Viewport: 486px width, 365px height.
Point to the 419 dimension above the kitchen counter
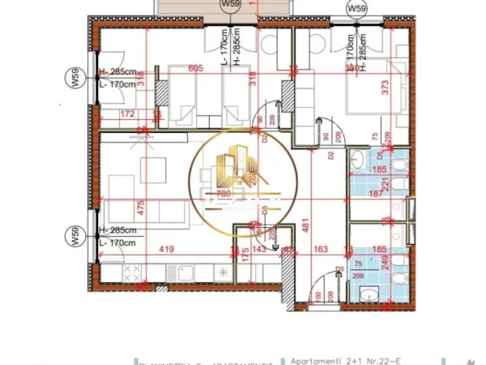168,251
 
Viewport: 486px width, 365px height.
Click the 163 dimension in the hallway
321,251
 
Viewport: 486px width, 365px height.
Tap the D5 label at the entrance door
340,269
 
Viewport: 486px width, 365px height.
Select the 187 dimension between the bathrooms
375,195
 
